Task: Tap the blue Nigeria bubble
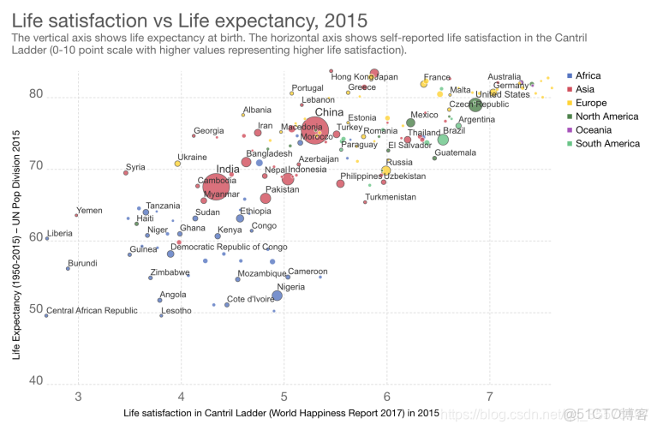[277, 296]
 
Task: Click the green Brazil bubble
[443, 140]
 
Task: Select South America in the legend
[607, 143]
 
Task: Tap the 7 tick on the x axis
[489, 397]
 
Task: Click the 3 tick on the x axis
[79, 397]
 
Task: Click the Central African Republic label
[92, 311]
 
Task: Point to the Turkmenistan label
[390, 197]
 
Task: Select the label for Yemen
[89, 211]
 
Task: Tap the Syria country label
[135, 167]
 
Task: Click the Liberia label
[60, 233]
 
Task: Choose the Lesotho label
[176, 311]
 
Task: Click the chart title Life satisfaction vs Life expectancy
[189, 19]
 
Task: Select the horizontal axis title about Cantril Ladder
[281, 413]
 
